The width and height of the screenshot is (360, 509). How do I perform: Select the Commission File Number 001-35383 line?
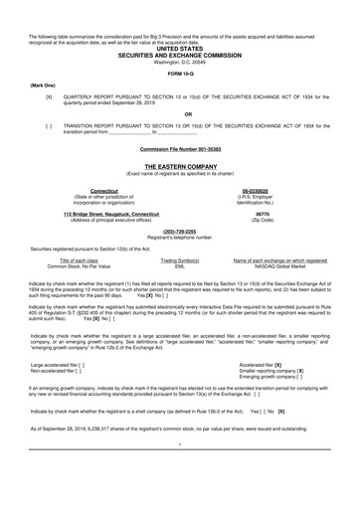179,150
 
